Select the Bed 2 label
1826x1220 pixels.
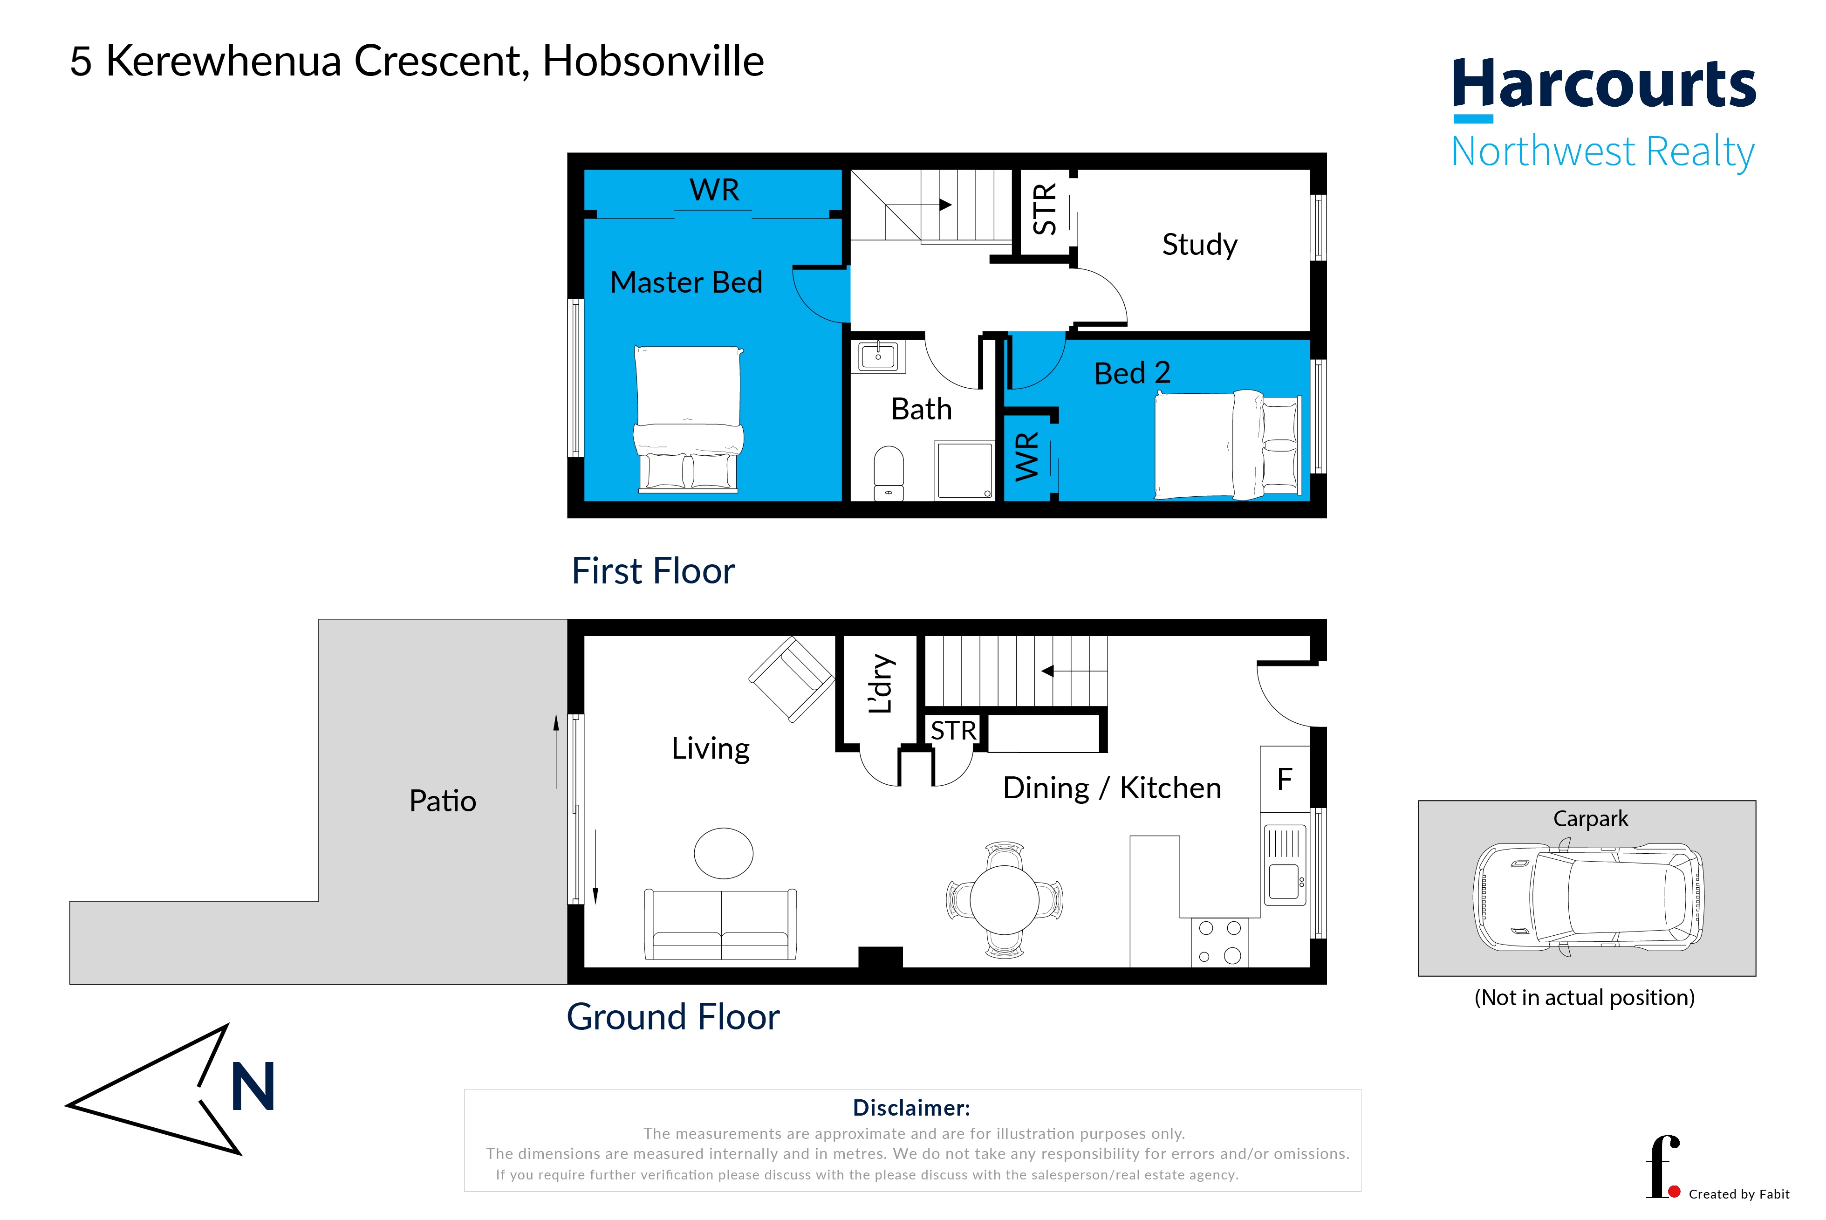[1132, 373]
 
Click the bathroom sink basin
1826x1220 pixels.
[878, 356]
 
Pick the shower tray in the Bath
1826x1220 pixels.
[965, 470]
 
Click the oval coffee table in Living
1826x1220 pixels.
[724, 854]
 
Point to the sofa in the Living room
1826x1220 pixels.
[720, 925]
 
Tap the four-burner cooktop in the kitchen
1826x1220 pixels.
[1219, 942]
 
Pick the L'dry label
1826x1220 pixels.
[881, 684]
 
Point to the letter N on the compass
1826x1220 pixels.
[253, 1086]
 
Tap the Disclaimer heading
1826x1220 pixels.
[912, 1108]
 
